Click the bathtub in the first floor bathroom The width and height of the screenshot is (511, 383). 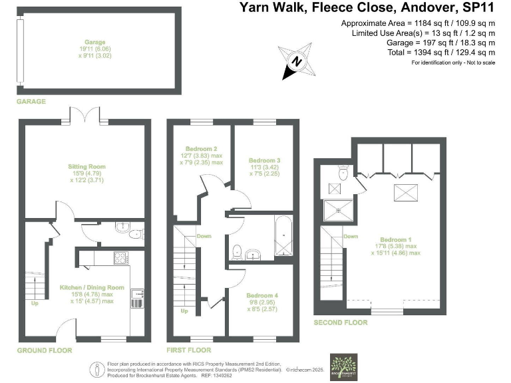283,236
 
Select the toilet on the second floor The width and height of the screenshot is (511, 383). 343,174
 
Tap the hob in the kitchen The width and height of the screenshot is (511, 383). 122,257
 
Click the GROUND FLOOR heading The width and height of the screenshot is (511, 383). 45,350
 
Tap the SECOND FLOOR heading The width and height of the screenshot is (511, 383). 340,322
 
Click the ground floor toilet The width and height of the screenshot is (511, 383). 133,233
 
